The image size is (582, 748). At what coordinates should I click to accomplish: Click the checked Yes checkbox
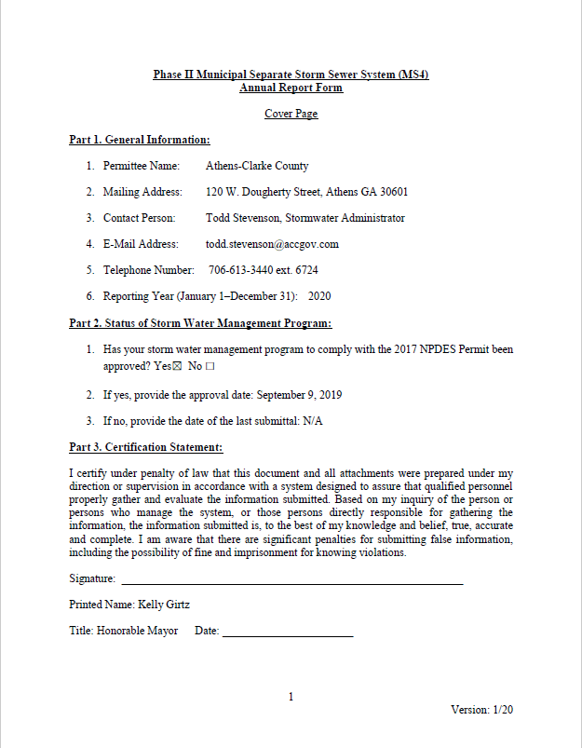[x=178, y=366]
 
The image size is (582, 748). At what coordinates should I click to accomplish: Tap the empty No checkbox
[x=210, y=366]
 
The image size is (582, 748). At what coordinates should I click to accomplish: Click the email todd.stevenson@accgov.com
[x=272, y=244]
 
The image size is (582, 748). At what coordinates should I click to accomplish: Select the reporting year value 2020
[x=319, y=296]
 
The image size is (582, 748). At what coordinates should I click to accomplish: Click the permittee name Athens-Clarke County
[x=257, y=166]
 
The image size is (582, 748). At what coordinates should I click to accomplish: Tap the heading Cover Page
[x=291, y=114]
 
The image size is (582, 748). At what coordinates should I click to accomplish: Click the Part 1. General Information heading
[x=140, y=140]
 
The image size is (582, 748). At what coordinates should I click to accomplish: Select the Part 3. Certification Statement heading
[x=146, y=447]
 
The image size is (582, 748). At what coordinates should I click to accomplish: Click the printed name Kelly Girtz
[x=163, y=605]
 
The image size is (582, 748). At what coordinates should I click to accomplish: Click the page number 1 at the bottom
[x=291, y=697]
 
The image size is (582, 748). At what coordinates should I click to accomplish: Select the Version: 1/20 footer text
[x=481, y=709]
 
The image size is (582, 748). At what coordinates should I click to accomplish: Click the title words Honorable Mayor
[x=137, y=631]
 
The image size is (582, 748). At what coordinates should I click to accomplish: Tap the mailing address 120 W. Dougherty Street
[x=264, y=192]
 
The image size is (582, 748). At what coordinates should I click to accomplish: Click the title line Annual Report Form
[x=291, y=88]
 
